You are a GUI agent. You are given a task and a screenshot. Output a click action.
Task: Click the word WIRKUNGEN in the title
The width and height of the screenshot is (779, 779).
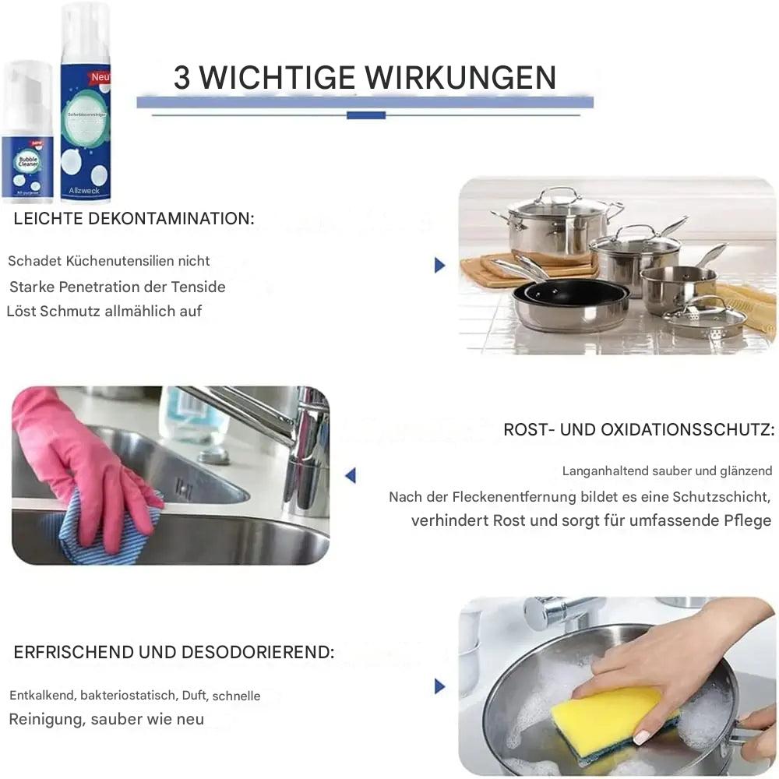(460, 78)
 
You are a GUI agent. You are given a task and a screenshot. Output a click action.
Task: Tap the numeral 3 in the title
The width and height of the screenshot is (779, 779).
(182, 78)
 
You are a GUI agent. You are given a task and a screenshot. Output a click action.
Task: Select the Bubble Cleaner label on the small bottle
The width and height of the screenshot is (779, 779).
(27, 160)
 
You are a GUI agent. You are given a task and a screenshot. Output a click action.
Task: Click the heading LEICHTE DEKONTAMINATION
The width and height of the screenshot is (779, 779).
(133, 219)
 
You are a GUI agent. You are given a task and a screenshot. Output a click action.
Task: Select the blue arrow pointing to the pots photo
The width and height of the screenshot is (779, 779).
(439, 266)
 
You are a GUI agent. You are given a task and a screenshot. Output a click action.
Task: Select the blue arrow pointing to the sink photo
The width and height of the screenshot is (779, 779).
(351, 474)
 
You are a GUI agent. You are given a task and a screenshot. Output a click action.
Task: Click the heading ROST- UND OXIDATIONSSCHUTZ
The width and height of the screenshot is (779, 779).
(639, 429)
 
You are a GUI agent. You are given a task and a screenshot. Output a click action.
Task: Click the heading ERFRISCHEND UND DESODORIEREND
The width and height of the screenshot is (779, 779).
(174, 652)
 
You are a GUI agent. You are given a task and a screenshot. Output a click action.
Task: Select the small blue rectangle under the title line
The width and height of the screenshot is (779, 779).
(365, 115)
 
